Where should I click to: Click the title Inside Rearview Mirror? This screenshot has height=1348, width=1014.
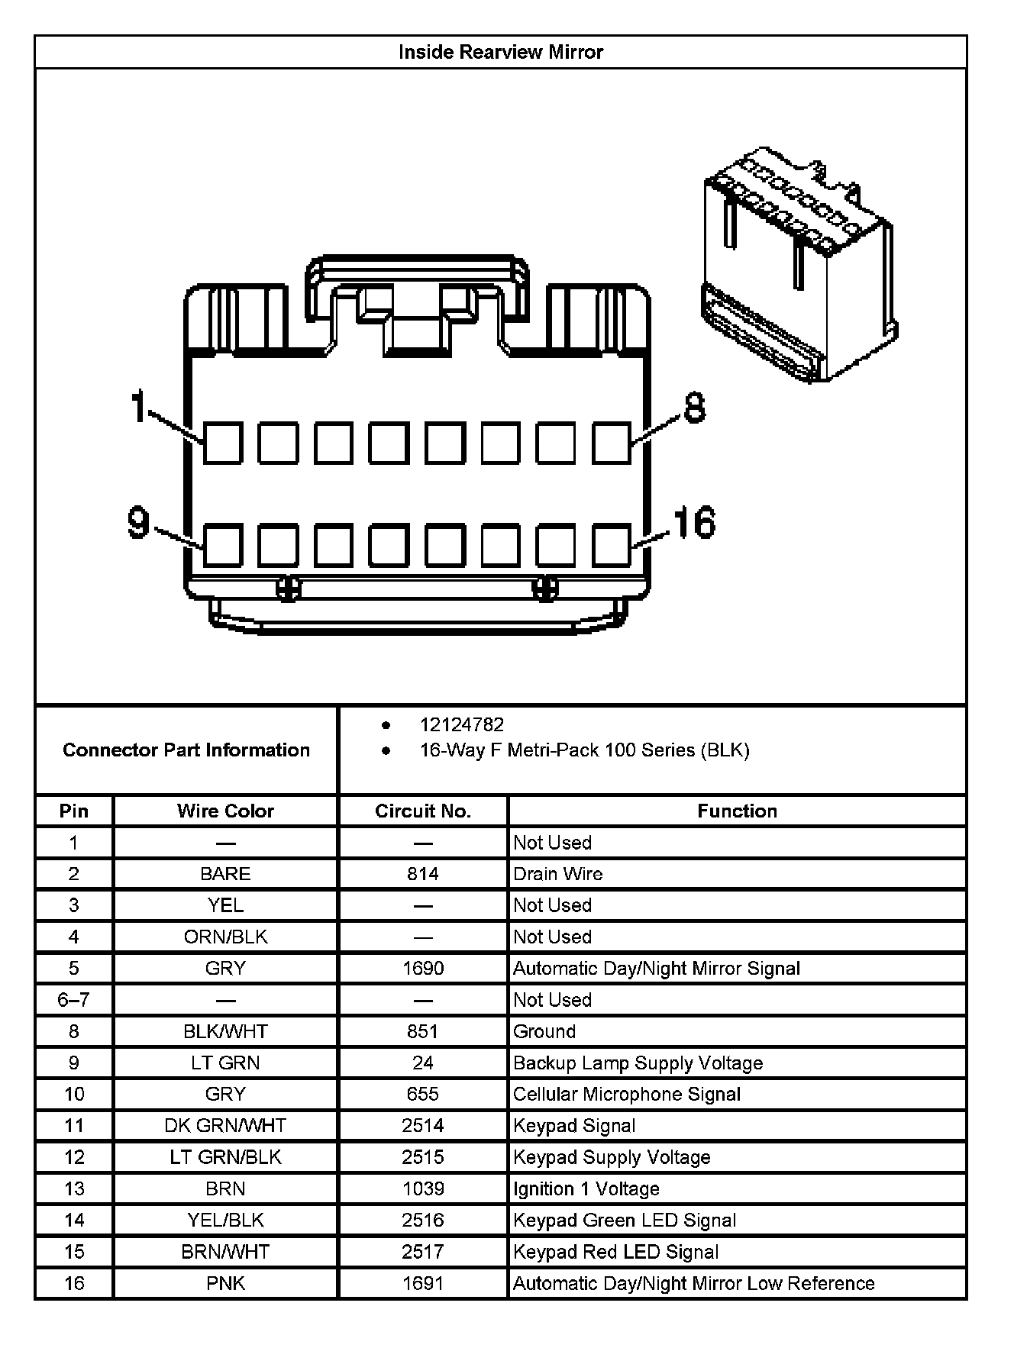501,52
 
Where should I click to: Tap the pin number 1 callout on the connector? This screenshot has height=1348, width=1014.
138,406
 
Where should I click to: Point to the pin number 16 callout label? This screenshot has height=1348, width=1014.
694,523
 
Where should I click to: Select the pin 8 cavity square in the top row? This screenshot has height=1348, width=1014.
612,443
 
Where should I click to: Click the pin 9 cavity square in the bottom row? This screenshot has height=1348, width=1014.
223,545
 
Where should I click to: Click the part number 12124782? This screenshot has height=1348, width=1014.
462,724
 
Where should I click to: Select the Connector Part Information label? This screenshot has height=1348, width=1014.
186,750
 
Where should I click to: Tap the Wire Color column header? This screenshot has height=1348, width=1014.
225,811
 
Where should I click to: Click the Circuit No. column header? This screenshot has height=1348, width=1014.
423,811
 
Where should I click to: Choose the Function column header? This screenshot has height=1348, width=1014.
737,811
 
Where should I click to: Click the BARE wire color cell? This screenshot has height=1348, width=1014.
225,874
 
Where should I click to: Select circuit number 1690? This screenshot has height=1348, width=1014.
423,968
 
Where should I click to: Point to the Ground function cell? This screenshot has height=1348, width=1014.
544,1031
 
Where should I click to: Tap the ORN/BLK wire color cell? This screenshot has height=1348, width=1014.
225,937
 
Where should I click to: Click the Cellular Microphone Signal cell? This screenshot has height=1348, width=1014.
627,1094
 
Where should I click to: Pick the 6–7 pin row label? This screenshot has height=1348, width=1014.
74,1000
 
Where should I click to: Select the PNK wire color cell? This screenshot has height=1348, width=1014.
225,1283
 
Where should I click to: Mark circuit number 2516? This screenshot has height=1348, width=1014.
423,1220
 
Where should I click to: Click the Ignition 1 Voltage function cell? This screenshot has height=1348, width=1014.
586,1188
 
